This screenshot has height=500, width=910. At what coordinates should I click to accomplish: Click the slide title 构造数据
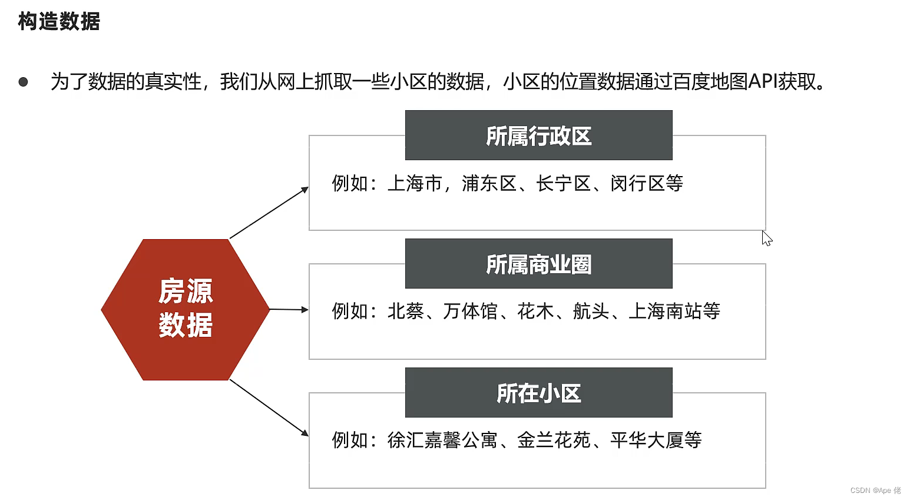[59, 22]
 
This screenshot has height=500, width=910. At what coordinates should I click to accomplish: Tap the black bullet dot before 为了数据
[23, 82]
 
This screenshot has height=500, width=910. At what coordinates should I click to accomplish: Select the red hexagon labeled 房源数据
[185, 309]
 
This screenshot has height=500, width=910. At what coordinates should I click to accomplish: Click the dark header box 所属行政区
[538, 135]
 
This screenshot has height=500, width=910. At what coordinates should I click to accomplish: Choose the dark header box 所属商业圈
[538, 264]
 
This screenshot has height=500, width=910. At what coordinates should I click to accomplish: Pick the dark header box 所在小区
[538, 393]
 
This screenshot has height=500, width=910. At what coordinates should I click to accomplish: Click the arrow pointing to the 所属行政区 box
[269, 213]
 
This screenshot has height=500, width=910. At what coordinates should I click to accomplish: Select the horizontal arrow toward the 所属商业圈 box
[289, 309]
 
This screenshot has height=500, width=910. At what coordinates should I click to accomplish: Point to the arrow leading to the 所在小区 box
[269, 408]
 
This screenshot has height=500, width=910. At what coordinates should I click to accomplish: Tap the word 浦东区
[489, 184]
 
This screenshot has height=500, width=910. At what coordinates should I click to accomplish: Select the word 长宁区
[563, 184]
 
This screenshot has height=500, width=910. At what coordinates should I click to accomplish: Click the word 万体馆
[470, 311]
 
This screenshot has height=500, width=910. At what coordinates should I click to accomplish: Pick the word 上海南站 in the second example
[665, 311]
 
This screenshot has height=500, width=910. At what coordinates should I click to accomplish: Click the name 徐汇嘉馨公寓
[442, 440]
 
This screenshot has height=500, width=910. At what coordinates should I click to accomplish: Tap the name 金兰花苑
[554, 440]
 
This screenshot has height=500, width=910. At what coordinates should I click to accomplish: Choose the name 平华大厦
[646, 440]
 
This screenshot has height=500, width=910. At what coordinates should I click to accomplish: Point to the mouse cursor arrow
[766, 238]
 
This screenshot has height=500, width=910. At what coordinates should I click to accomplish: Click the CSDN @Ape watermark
[875, 491]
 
